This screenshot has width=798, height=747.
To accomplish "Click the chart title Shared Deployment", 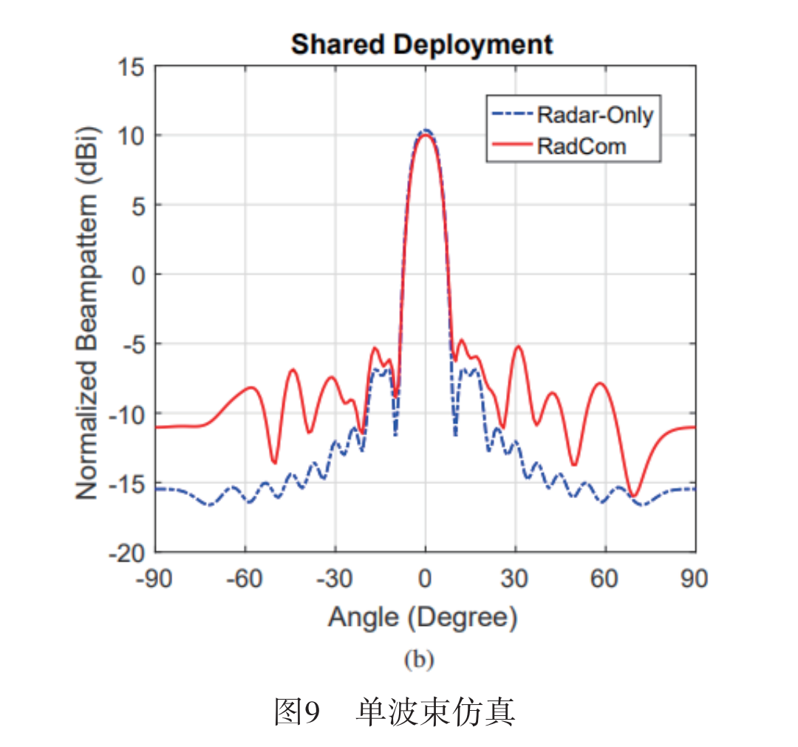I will [x=421, y=44].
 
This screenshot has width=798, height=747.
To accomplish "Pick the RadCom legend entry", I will [x=581, y=146].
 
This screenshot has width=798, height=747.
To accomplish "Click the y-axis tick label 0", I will [x=135, y=275].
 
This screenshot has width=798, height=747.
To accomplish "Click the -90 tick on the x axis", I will [x=154, y=578].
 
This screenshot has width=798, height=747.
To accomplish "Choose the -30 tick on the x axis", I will [x=335, y=578].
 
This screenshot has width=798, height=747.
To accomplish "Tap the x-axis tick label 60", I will [x=605, y=578].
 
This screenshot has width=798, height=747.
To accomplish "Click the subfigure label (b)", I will [x=419, y=660].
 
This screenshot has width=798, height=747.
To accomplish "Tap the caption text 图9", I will [x=296, y=712].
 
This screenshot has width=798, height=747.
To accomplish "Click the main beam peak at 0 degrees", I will [x=425, y=134].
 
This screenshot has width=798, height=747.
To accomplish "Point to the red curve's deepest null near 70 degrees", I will [x=633, y=496].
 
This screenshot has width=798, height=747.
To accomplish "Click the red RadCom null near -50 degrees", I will [x=274, y=463].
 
